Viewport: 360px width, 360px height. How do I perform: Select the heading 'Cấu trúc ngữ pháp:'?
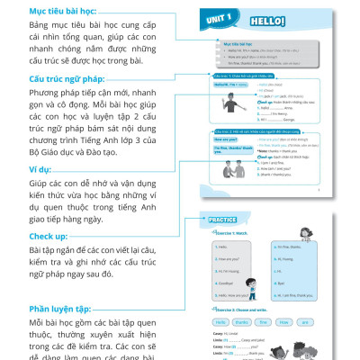pyautogui.click(x=57, y=79)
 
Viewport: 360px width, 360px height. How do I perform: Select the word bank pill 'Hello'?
pyautogui.click(x=220, y=319)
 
